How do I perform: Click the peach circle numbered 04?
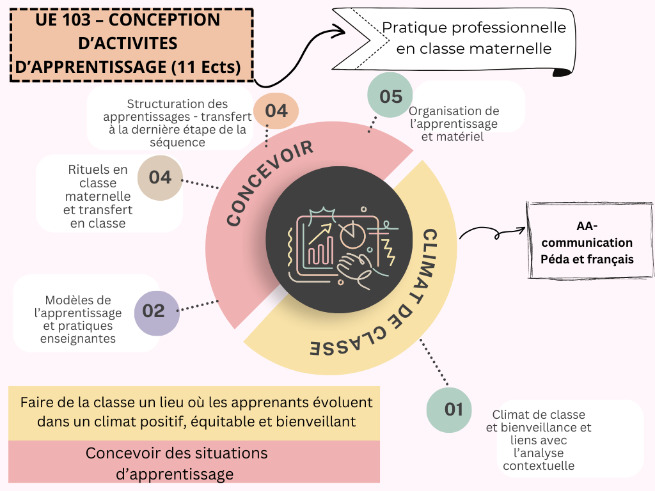(276, 111)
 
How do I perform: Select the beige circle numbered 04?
(160, 177)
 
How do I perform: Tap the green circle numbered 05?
(390, 97)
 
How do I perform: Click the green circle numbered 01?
(453, 409)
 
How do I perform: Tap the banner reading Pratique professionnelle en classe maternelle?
(473, 38)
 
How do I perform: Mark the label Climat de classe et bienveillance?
(539, 440)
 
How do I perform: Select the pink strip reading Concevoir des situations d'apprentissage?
(194, 464)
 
